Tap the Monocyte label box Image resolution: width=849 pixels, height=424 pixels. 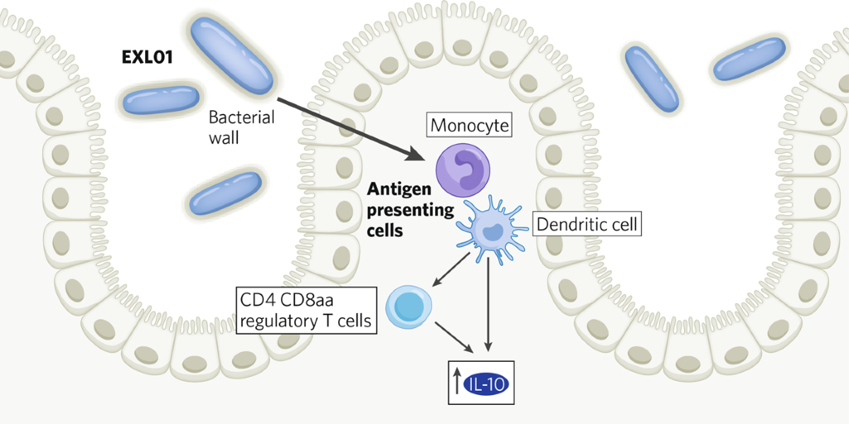tap(469, 125)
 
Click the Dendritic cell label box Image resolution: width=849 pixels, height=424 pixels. tap(588, 224)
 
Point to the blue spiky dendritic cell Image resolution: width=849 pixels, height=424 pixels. tap(492, 230)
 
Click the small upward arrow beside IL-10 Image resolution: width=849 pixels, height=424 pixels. tap(457, 383)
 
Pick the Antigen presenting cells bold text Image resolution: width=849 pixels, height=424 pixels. tap(410, 210)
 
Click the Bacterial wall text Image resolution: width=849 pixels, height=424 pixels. tap(240, 127)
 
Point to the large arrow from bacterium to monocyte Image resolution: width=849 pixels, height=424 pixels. tap(348, 128)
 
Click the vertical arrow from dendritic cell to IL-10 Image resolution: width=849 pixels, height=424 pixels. tap(488, 302)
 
